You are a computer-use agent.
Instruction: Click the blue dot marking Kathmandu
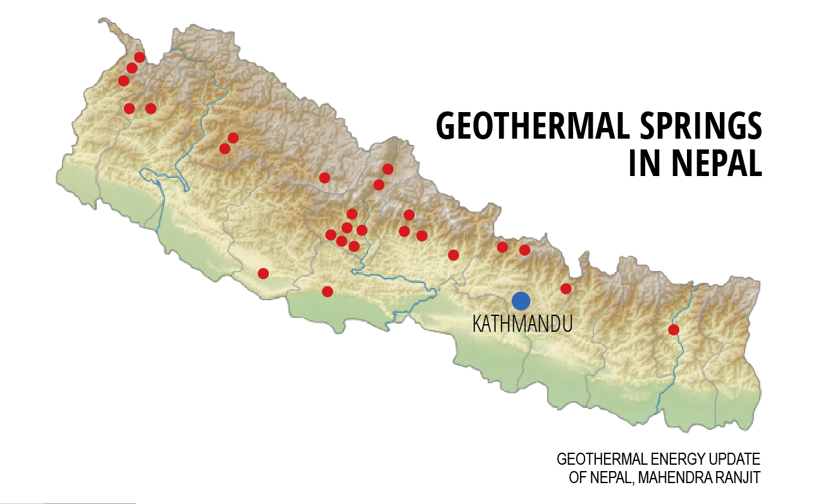point(521,301)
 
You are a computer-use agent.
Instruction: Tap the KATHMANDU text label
point(522,324)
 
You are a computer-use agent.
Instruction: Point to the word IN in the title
point(646,163)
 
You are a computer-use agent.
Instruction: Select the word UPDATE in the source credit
point(736,459)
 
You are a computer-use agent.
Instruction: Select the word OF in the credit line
point(578,477)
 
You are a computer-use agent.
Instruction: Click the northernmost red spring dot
point(140,57)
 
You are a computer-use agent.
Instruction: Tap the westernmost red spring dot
point(124,80)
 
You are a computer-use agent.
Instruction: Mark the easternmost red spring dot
point(674,330)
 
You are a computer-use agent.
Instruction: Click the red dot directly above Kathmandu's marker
point(524,250)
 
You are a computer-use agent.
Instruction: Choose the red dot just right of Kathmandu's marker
point(566,289)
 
